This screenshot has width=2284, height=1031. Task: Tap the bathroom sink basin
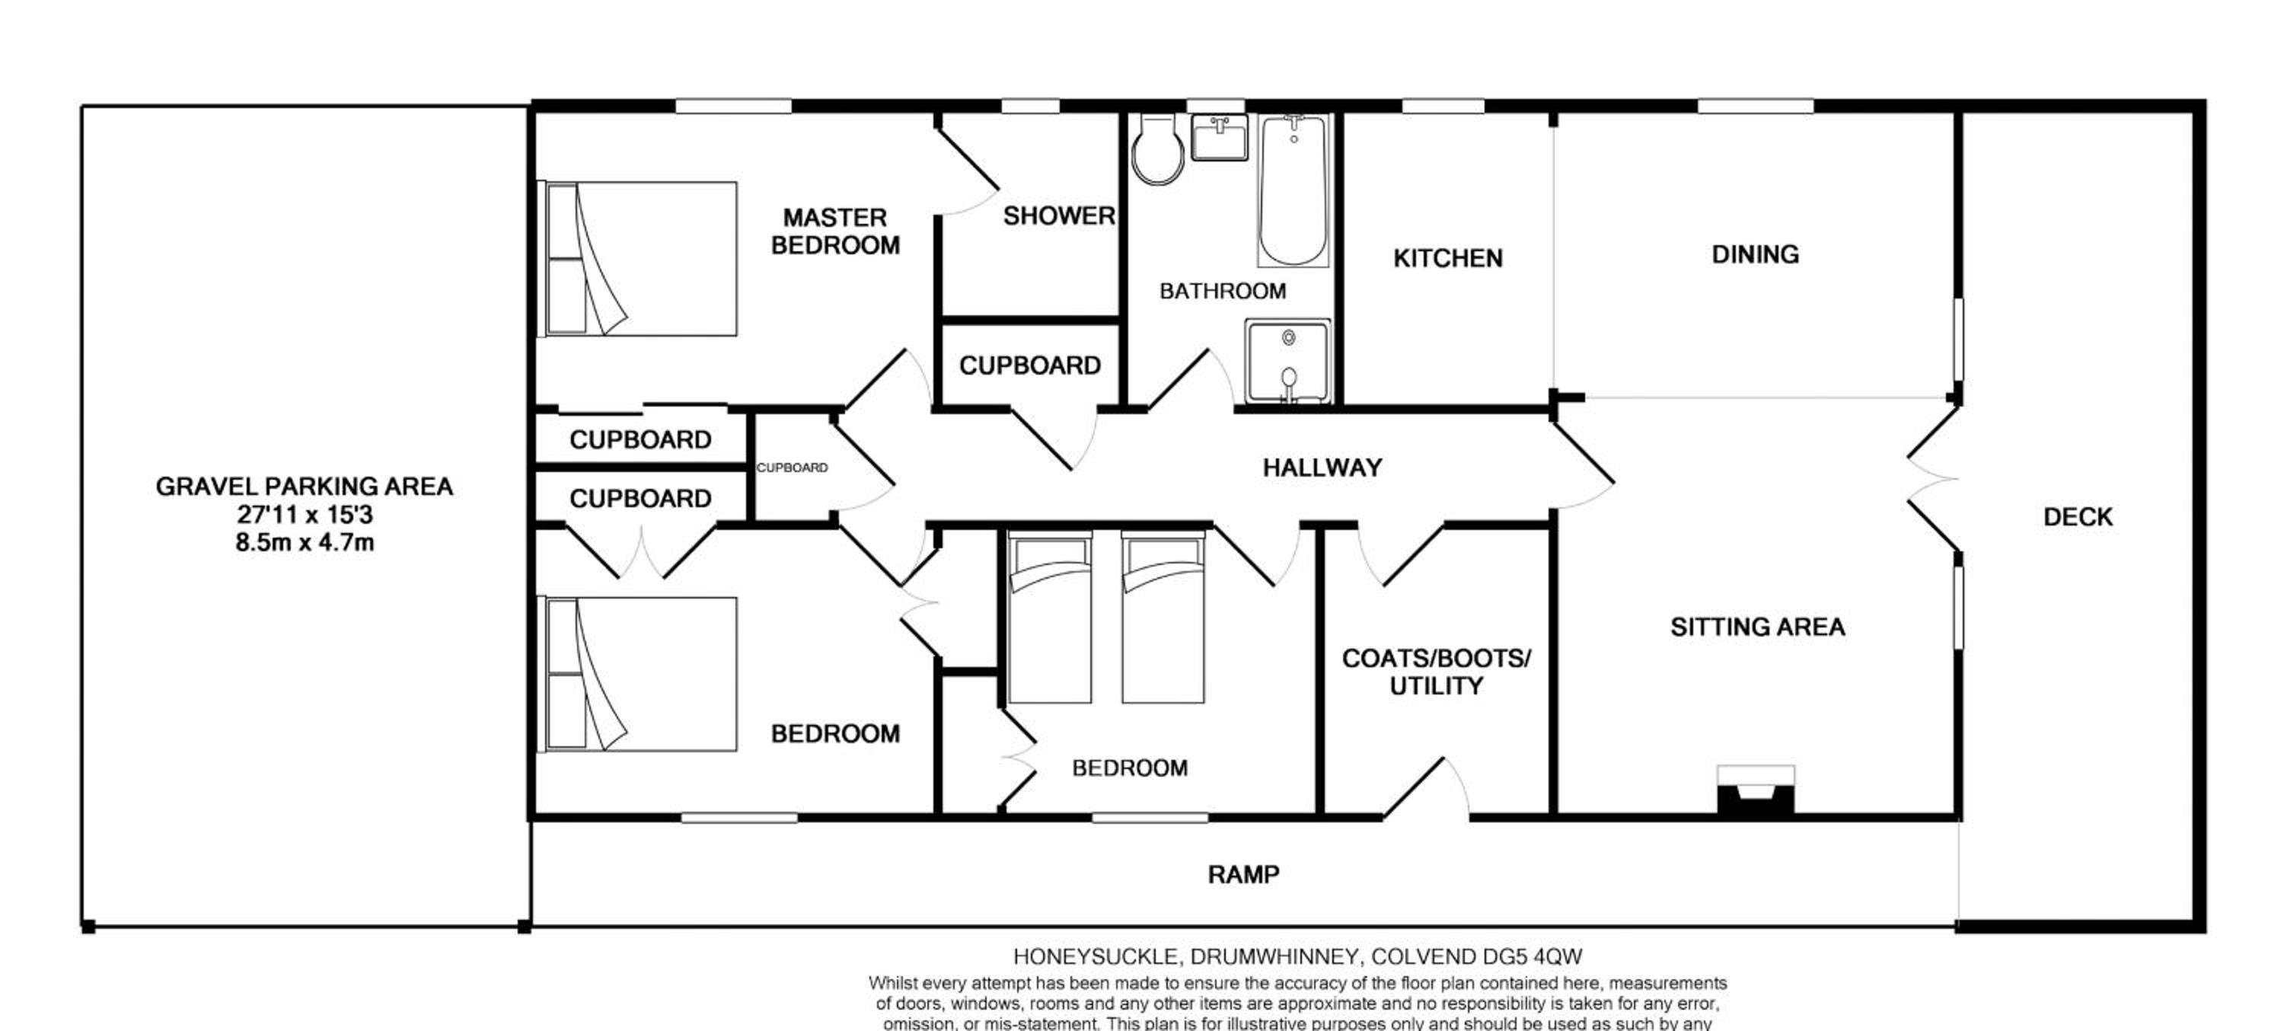point(1219,137)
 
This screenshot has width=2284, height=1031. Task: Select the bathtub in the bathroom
point(1293,190)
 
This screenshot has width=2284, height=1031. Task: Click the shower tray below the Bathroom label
point(1287,361)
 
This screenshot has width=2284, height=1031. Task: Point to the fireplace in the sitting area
point(1756,789)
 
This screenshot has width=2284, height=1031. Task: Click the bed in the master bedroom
point(639,259)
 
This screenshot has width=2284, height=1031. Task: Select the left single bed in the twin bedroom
point(1051,617)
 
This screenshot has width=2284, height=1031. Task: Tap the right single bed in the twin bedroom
point(1163,617)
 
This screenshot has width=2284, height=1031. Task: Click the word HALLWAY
point(1322,468)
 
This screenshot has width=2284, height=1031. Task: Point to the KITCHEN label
point(1448,258)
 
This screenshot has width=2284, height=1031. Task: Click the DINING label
point(1755,254)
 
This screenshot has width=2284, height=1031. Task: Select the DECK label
point(2078,517)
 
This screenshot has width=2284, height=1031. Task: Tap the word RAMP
point(1243,875)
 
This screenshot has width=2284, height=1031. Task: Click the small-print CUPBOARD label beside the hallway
point(792,468)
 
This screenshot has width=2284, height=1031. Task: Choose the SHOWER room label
point(1059,215)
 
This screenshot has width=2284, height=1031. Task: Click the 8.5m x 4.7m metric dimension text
point(304,541)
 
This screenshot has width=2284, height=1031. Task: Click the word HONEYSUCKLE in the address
point(1096,957)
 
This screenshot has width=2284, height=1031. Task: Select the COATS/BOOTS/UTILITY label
point(1437,672)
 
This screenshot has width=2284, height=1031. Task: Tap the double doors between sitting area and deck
point(1933,480)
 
